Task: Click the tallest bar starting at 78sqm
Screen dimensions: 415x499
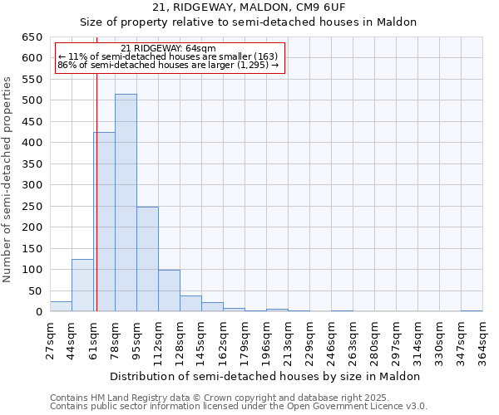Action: tap(126, 203)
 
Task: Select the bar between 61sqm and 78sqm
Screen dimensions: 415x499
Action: tap(104, 222)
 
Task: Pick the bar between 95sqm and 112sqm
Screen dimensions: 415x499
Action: tap(147, 259)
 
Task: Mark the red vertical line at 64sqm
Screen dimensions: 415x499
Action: tap(96, 191)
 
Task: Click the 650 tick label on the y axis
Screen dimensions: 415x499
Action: tap(32, 37)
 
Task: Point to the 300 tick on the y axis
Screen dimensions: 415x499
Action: tap(32, 185)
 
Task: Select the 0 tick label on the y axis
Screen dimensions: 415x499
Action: tap(38, 312)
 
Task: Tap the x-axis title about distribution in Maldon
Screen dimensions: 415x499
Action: tap(265, 376)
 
